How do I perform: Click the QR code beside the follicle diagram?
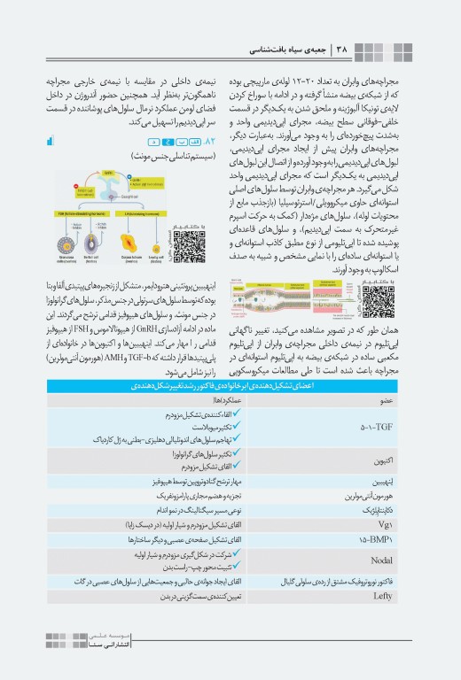pyautogui.click(x=190, y=245)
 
